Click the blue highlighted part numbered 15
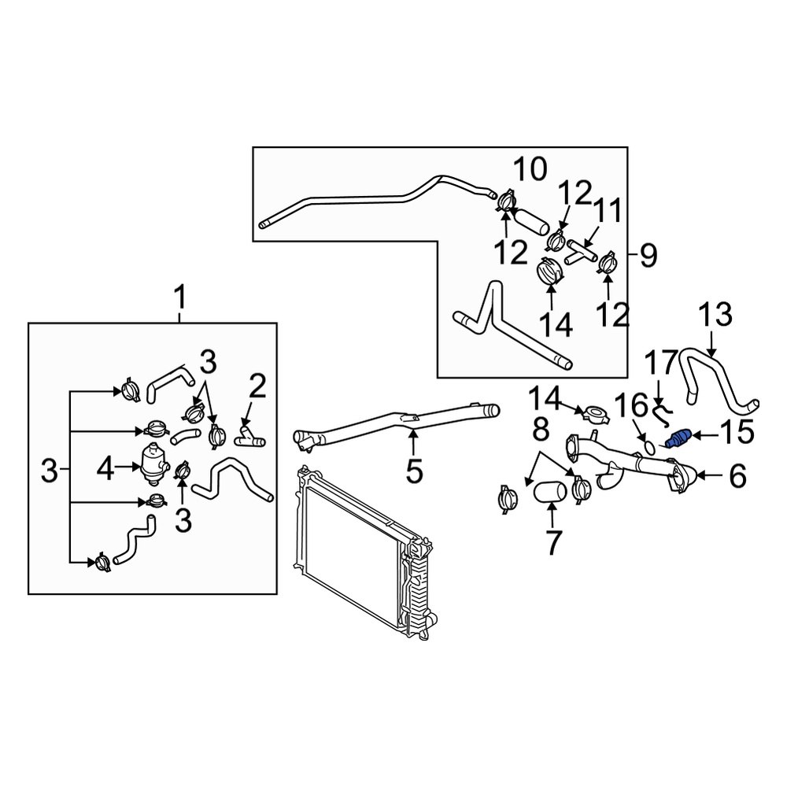(678, 438)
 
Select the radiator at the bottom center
(358, 551)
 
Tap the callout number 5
(414, 471)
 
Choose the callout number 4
(106, 471)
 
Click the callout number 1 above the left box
(180, 299)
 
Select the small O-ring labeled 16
(645, 446)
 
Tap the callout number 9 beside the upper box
(647, 254)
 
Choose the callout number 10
(530, 168)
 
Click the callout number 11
(607, 211)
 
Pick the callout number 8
(539, 430)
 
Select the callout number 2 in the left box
(257, 386)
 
